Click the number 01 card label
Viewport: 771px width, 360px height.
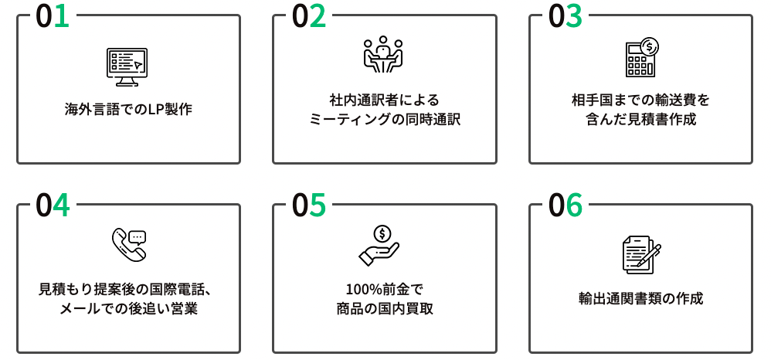click(x=53, y=17)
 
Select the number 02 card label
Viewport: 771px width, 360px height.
click(x=309, y=17)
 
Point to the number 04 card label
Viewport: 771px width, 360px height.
click(x=53, y=206)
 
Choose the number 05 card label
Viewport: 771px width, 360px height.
click(x=309, y=206)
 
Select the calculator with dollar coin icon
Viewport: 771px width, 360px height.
click(x=640, y=56)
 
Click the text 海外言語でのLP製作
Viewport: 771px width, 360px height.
click(x=128, y=109)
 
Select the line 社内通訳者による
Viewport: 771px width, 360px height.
click(x=384, y=100)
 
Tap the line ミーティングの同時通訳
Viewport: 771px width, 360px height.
click(x=384, y=120)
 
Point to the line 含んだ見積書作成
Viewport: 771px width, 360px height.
click(x=640, y=120)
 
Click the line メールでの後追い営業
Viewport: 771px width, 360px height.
click(x=128, y=309)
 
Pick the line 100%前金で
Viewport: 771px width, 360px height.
click(x=384, y=290)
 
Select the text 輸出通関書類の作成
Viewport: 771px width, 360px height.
click(x=640, y=299)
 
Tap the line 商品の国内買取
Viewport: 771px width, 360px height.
click(x=384, y=309)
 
